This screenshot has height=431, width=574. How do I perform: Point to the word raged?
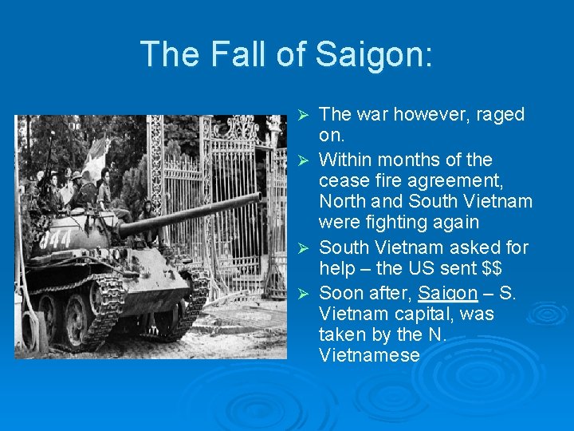click(x=497, y=114)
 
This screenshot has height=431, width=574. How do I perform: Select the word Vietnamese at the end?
click(x=368, y=355)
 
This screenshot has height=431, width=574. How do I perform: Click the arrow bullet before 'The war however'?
click(x=302, y=115)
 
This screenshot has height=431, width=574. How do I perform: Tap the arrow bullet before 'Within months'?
click(x=302, y=160)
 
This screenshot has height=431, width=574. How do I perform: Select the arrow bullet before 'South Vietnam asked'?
click(x=302, y=248)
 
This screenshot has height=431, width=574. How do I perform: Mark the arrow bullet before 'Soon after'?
click(x=302, y=293)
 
